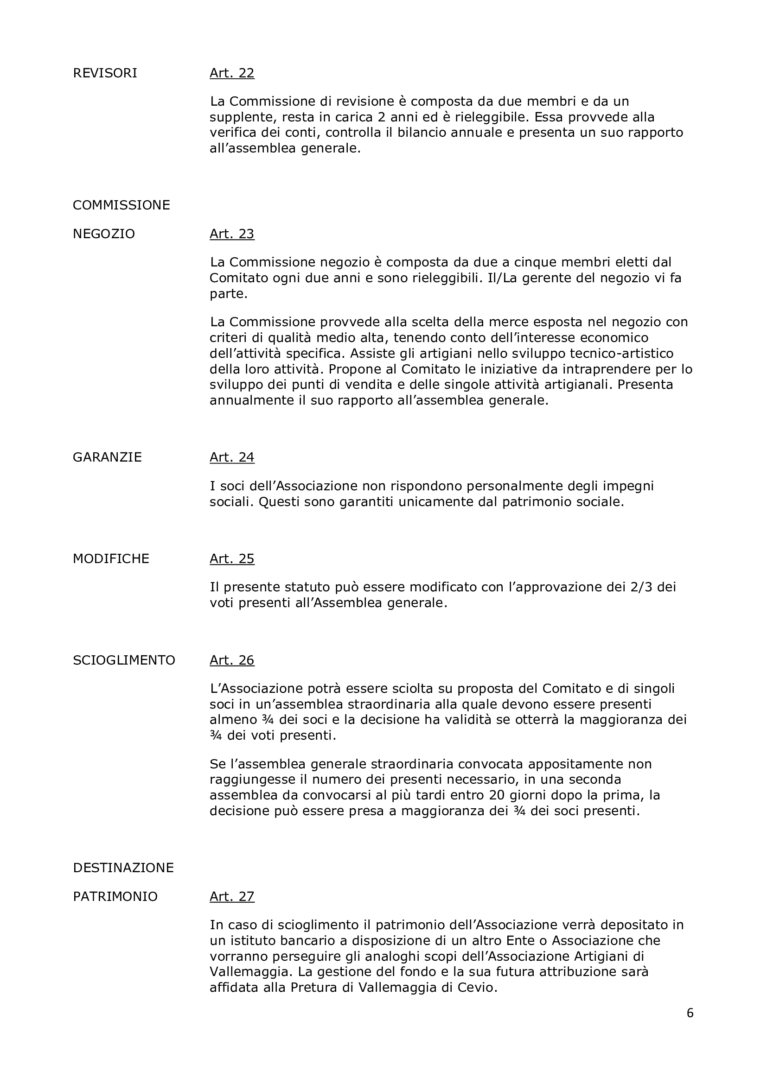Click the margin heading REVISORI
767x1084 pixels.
point(105,73)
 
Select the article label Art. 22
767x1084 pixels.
point(232,73)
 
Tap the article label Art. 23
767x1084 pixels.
point(232,234)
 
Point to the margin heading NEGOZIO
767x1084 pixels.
point(104,234)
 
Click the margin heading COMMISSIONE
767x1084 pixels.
point(121,205)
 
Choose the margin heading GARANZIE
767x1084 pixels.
point(107,457)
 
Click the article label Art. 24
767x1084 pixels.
point(232,457)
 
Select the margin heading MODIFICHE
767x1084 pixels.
point(111,559)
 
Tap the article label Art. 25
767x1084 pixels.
point(232,559)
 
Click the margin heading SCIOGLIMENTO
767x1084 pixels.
point(124,660)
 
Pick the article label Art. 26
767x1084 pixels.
point(232,660)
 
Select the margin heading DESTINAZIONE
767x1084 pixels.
point(123,868)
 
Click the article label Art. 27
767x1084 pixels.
point(232,897)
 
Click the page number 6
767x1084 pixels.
point(690,1013)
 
